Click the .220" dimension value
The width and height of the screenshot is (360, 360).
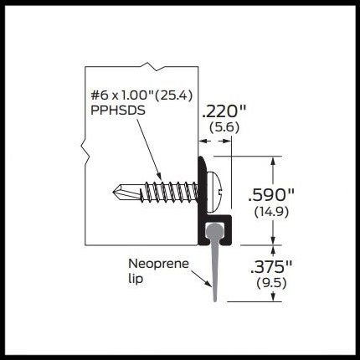click(224, 111)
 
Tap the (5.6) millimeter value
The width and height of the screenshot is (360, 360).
click(224, 128)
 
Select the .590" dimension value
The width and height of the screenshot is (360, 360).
click(271, 195)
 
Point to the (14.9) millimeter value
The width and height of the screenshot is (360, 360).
click(271, 212)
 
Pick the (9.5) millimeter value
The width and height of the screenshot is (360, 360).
click(271, 284)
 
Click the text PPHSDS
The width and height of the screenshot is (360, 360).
click(118, 111)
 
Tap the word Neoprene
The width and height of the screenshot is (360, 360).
click(158, 264)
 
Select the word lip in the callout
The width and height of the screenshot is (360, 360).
click(136, 279)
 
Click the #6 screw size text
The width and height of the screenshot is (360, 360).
click(98, 96)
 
